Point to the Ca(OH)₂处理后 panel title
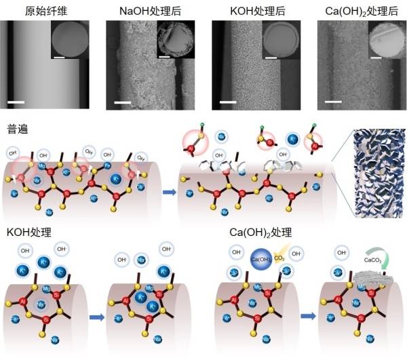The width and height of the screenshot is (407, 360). [x=360, y=9]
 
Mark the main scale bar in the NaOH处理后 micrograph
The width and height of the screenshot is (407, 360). [x=122, y=103]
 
